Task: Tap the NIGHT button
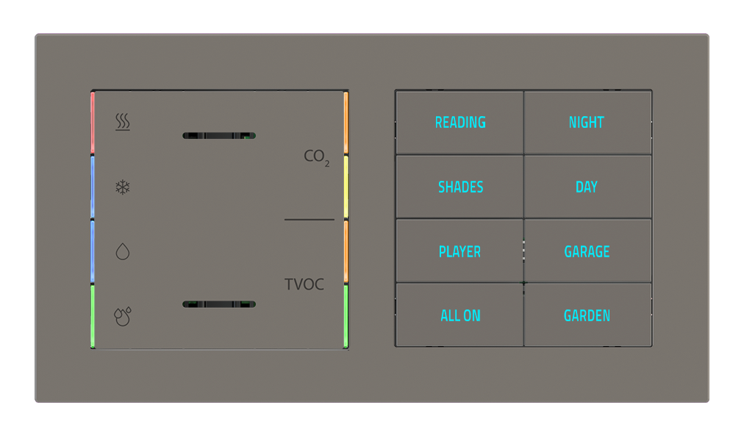click(587, 122)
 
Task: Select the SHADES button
click(460, 187)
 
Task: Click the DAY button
click(587, 187)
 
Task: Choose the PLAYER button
click(459, 251)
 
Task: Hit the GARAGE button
click(587, 251)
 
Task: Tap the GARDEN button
click(587, 315)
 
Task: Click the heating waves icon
click(123, 122)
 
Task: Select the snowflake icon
click(123, 187)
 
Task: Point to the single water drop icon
click(123, 252)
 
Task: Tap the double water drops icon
click(123, 315)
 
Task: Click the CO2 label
click(316, 157)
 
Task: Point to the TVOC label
click(304, 284)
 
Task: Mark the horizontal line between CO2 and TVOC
click(309, 219)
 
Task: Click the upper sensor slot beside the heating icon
click(218, 135)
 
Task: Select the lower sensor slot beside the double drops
click(218, 304)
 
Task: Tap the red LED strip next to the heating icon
click(93, 123)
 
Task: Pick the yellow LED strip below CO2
click(346, 187)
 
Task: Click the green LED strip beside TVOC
click(346, 315)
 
